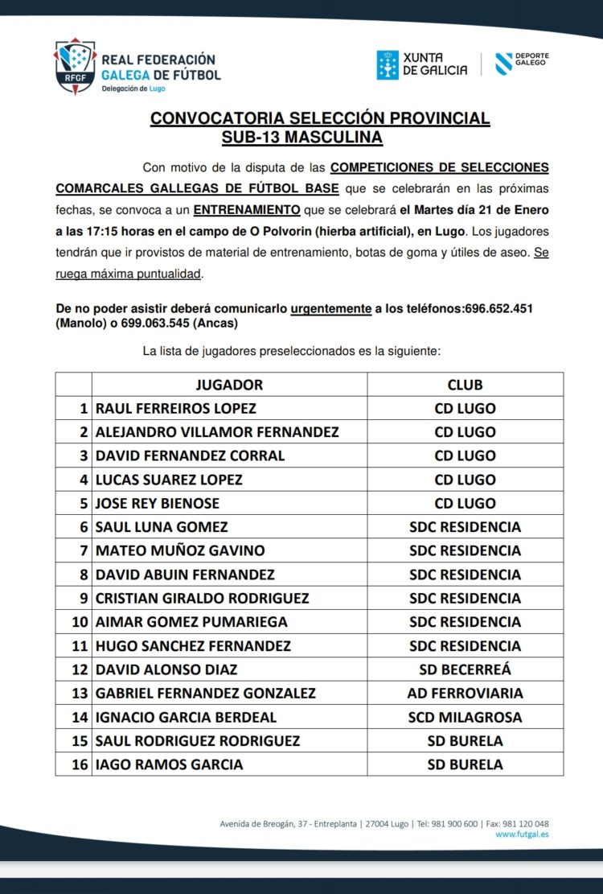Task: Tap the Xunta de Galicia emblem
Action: click(388, 65)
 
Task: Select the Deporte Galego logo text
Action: click(531, 60)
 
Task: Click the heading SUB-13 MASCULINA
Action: click(301, 138)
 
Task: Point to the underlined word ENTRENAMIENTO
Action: click(248, 210)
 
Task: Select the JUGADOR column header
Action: click(229, 385)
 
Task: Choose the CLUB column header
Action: click(465, 385)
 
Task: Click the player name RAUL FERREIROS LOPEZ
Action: click(176, 408)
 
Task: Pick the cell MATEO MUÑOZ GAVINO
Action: click(180, 550)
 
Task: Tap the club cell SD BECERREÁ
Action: click(465, 669)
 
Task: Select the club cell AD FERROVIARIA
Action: click(465, 693)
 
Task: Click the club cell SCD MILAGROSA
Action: click(465, 717)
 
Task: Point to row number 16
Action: click(80, 764)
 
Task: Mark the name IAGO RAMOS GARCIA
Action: click(169, 764)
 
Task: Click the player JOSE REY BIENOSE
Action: click(158, 503)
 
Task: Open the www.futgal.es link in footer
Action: click(522, 834)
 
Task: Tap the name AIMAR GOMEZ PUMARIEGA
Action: click(191, 622)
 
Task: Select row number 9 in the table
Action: click(83, 598)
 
